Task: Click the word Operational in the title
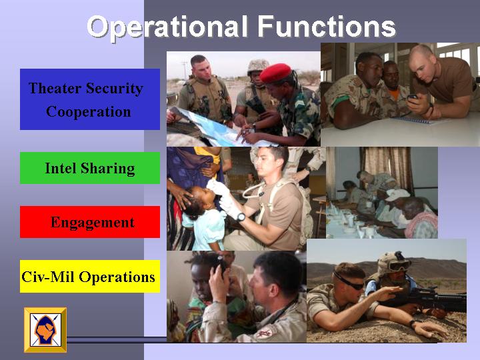(167, 27)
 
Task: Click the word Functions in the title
(327, 26)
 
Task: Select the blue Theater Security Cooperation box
(90, 99)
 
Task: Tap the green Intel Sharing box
(90, 168)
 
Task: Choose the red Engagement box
(90, 222)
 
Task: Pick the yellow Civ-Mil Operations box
(90, 277)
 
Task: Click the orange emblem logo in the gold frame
(45, 330)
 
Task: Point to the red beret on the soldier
(275, 73)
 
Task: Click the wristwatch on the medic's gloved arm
(241, 217)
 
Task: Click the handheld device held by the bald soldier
(412, 97)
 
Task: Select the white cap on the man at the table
(397, 195)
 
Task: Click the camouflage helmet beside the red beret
(258, 67)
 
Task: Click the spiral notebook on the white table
(413, 120)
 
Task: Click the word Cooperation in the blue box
(89, 112)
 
